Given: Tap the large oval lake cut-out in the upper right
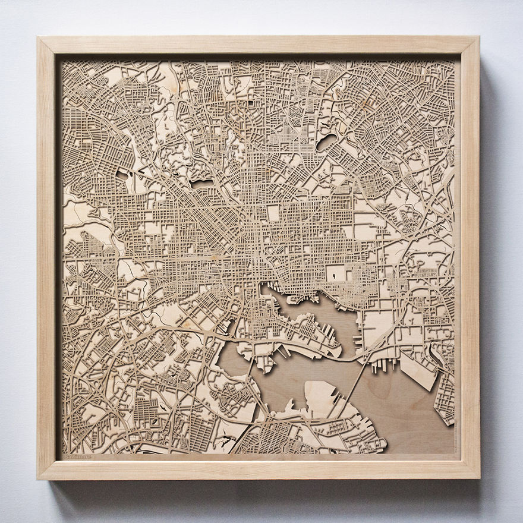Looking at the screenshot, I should click(326, 142).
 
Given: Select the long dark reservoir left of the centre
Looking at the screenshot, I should click(201, 184).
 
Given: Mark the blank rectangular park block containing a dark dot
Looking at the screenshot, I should click(336, 274).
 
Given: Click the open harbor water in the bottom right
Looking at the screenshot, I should click(404, 410).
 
